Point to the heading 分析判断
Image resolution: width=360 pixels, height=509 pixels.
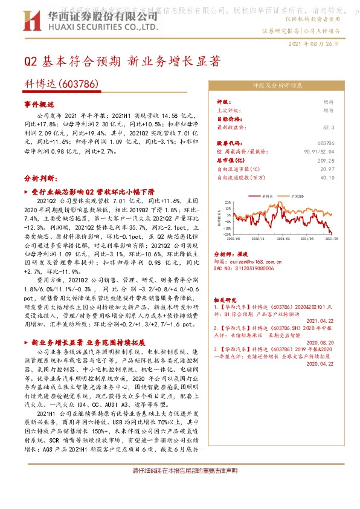coord(40,179)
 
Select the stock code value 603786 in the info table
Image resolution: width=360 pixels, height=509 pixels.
coord(325,143)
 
